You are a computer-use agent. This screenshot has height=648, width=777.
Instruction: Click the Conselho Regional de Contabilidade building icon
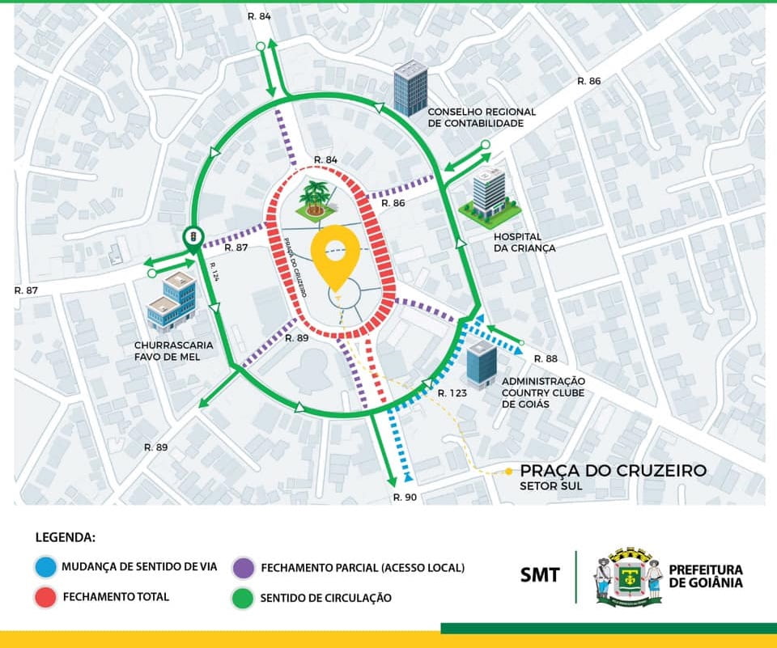point(410,87)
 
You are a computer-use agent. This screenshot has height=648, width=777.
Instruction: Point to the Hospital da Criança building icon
point(486,197)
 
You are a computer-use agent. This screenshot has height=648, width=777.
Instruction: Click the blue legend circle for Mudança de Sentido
point(47,566)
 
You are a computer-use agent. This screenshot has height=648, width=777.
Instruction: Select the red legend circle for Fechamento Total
point(47,597)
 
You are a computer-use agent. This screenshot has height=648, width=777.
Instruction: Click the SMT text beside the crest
point(540,575)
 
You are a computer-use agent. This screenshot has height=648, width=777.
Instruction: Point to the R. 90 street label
point(405,497)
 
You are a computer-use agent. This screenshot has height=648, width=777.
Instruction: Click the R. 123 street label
point(452,392)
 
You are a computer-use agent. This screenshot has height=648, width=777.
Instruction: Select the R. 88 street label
point(546,358)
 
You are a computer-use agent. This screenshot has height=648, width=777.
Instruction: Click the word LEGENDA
point(66,536)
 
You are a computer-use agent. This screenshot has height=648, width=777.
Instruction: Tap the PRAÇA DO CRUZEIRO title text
point(613,471)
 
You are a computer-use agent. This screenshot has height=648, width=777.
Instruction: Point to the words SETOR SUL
point(551,487)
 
